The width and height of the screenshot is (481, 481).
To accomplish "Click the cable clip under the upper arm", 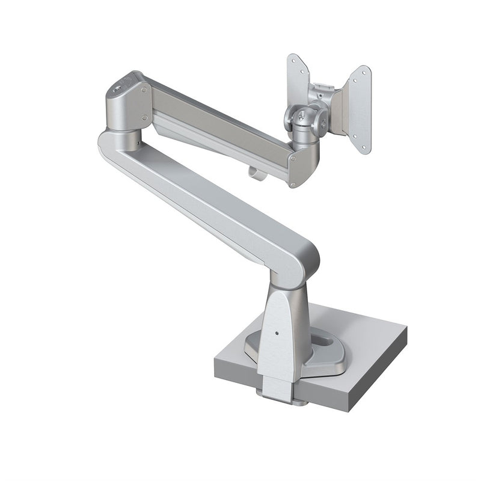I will (254, 173).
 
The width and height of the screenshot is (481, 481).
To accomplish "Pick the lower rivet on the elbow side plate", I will (144, 117).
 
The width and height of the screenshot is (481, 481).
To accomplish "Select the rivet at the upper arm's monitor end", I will (292, 160).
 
